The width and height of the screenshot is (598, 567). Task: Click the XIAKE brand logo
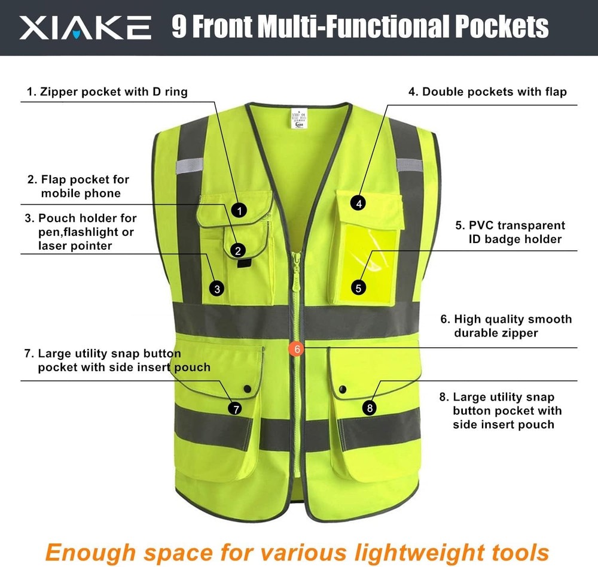tap(85, 27)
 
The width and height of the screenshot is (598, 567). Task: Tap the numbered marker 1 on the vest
tap(239, 210)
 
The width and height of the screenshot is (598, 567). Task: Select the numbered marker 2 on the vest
tap(238, 250)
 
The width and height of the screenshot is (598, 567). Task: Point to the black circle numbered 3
tap(218, 289)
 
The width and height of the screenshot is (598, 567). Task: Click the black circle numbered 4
tap(358, 204)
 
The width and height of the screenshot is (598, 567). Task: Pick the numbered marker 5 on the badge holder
tap(358, 288)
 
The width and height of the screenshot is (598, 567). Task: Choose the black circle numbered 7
tap(236, 408)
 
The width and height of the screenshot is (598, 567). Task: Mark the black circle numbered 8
tap(370, 408)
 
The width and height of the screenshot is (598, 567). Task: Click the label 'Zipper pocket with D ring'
tap(107, 92)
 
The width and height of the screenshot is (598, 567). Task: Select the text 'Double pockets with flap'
tap(487, 92)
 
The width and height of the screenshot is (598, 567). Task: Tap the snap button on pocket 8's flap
tap(342, 390)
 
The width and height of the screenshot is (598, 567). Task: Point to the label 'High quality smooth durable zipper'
tap(507, 326)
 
